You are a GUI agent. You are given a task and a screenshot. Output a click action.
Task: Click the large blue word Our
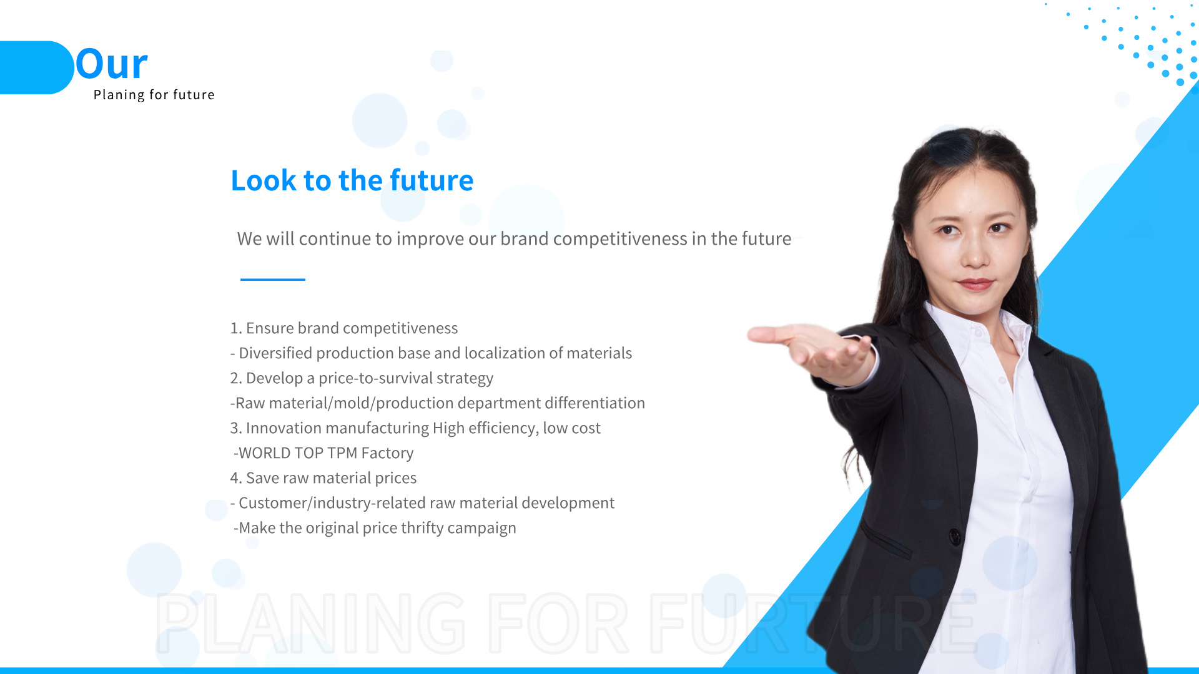112,64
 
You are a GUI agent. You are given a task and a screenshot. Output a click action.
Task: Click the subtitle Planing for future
154,95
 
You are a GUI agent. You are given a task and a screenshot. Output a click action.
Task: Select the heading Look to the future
352,180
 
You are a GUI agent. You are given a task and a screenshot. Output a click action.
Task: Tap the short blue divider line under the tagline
273,280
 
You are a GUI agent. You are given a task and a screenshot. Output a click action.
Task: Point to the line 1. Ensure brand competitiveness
344,328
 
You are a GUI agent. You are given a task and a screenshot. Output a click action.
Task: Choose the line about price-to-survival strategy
362,378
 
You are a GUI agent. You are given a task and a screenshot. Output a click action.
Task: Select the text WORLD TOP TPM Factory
326,453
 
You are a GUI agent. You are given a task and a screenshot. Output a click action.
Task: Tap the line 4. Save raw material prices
323,478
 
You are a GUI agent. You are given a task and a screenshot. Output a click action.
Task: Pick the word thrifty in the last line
422,528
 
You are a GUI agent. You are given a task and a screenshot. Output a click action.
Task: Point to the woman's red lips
975,284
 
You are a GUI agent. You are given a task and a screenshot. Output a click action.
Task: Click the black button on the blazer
955,535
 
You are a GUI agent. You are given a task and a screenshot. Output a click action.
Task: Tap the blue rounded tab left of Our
36,67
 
